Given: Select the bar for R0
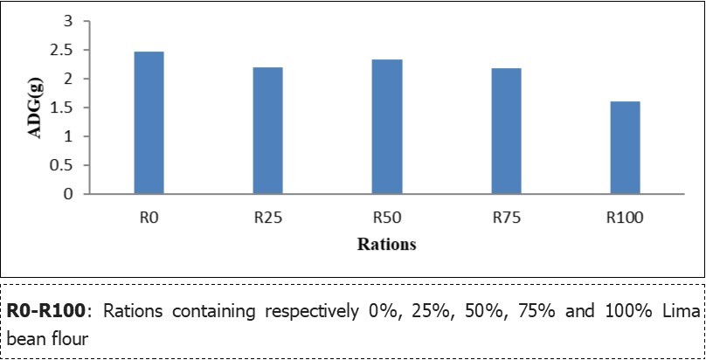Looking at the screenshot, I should click(x=149, y=123).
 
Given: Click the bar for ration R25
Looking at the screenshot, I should click(x=267, y=131).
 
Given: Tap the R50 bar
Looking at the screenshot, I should click(x=387, y=127).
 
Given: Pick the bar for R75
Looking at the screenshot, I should click(x=506, y=131).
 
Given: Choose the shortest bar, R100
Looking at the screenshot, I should click(x=625, y=148).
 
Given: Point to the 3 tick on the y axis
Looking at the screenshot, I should click(x=69, y=22).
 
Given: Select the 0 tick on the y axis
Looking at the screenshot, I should click(x=69, y=195).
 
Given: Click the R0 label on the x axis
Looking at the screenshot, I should click(x=149, y=218).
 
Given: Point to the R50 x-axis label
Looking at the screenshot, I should click(x=387, y=218).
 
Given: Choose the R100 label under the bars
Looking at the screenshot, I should click(x=625, y=218).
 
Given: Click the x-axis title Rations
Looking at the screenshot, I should click(x=386, y=245).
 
